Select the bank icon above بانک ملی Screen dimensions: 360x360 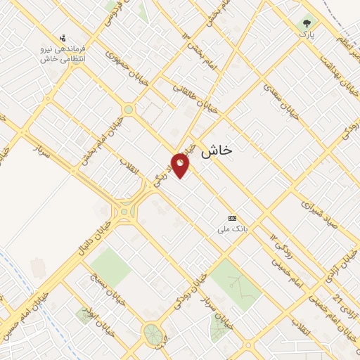click(233, 219)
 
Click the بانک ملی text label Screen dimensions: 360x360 click(233, 229)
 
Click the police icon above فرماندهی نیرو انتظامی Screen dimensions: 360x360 click(63, 38)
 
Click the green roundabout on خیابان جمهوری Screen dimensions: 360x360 click(128, 110)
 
